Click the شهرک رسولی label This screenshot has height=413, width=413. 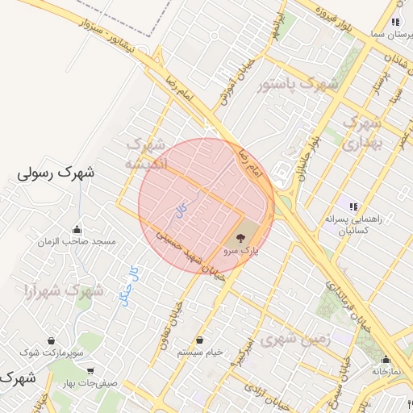[x=56, y=173]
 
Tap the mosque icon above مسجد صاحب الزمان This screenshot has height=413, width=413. [x=77, y=229]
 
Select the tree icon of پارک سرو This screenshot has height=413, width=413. [x=240, y=238]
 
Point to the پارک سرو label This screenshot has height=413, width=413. [x=243, y=252]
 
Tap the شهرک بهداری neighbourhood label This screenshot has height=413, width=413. [x=361, y=134]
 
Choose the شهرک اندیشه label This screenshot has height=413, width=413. [x=145, y=153]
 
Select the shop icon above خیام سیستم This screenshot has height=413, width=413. [x=199, y=340]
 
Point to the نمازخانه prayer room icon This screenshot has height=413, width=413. [x=386, y=360]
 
